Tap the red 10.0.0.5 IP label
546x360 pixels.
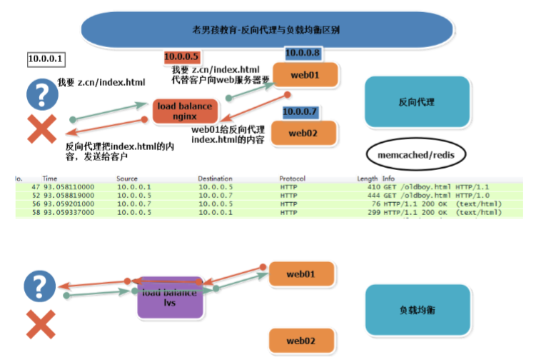click(182, 56)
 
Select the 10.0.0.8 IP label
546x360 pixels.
click(303, 53)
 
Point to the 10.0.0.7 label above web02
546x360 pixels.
click(300, 111)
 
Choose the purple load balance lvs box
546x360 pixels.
click(170, 297)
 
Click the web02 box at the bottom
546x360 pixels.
click(301, 341)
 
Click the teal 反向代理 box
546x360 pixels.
click(417, 102)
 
